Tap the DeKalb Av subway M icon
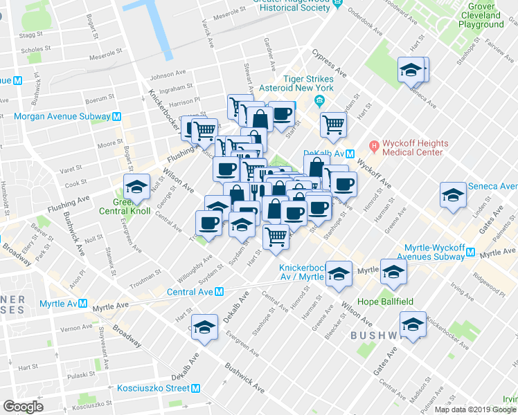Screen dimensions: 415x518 [x=351, y=154]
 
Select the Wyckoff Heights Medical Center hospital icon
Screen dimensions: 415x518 [x=374, y=145]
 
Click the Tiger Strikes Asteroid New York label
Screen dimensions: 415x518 [x=296, y=83]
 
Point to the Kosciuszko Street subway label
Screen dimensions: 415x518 [x=153, y=388]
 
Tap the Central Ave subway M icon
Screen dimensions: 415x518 [x=219, y=292]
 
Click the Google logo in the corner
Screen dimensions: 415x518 [x=23, y=407]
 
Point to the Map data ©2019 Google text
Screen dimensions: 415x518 [x=474, y=409]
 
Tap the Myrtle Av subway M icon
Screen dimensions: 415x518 [x=82, y=304]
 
